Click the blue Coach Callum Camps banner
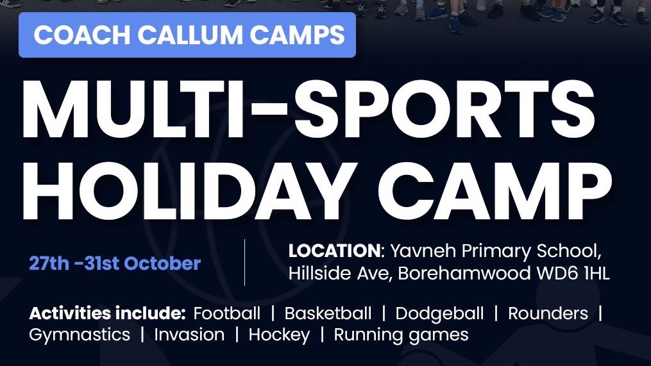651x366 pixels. (x=187, y=35)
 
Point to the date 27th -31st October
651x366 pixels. (x=115, y=263)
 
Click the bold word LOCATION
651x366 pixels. (x=334, y=251)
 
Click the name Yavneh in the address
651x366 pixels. (x=424, y=251)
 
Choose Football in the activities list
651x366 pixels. (x=227, y=313)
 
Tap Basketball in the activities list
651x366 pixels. (x=328, y=313)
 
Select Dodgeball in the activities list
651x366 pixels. (x=439, y=313)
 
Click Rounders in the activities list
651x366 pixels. (x=548, y=313)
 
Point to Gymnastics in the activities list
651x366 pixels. (x=80, y=335)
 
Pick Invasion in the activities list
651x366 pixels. (x=189, y=335)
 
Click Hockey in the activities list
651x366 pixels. (x=279, y=335)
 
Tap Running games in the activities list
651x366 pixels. (x=401, y=335)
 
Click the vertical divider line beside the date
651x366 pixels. (x=244, y=262)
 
